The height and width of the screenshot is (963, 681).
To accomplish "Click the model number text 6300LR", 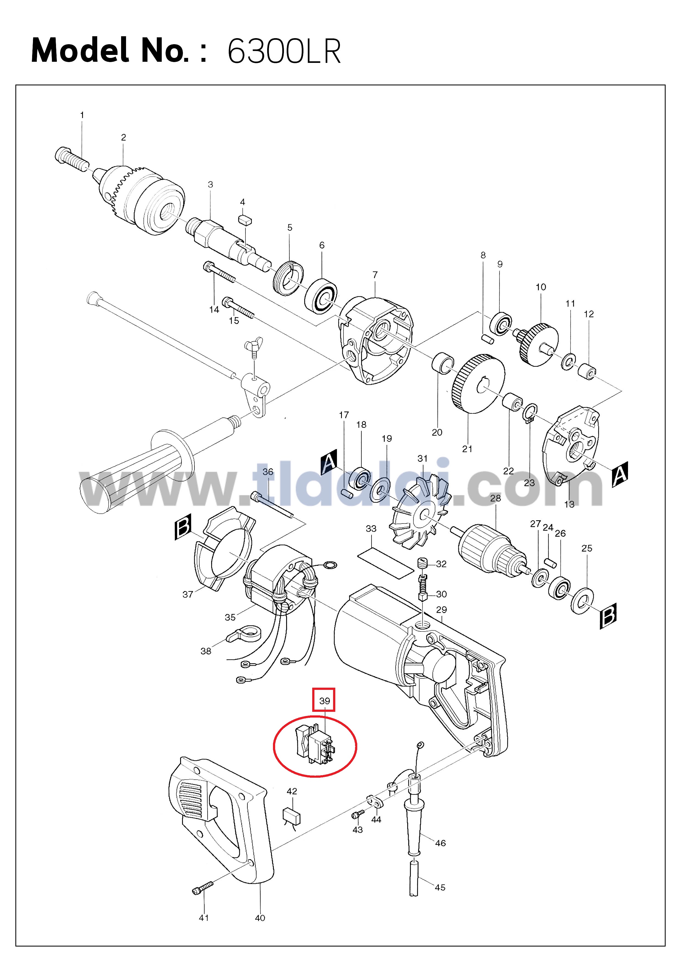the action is click(284, 51).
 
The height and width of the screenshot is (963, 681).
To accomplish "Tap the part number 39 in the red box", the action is click(324, 701).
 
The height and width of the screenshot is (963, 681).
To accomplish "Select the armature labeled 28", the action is click(493, 548).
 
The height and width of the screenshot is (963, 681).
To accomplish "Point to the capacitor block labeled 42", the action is click(292, 816).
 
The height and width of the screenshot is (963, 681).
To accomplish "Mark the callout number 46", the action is click(440, 843).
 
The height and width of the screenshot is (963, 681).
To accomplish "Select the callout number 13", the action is click(569, 504).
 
